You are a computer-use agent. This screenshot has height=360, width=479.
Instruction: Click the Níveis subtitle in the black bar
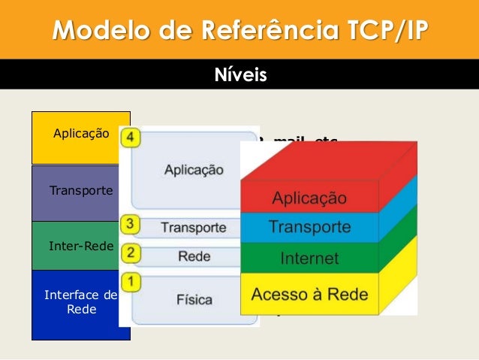tap(239, 75)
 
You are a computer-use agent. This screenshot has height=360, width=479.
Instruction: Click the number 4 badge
tap(131, 138)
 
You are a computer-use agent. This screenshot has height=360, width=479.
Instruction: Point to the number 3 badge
tap(131, 224)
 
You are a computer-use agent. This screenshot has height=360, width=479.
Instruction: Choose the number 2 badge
tap(131, 253)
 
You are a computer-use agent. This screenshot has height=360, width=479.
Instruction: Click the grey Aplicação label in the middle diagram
tap(194, 171)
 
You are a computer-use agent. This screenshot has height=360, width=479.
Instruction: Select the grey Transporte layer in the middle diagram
tap(194, 227)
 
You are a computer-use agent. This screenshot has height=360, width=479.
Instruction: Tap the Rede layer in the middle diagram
tap(194, 256)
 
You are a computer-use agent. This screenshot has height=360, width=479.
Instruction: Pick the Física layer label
tap(194, 300)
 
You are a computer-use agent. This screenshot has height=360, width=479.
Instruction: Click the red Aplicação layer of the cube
tap(309, 198)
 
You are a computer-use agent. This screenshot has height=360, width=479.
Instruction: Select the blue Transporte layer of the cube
tap(309, 227)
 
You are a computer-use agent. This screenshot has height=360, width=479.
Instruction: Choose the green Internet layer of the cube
tap(309, 259)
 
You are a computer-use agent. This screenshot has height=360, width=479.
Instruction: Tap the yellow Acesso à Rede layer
tap(309, 294)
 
